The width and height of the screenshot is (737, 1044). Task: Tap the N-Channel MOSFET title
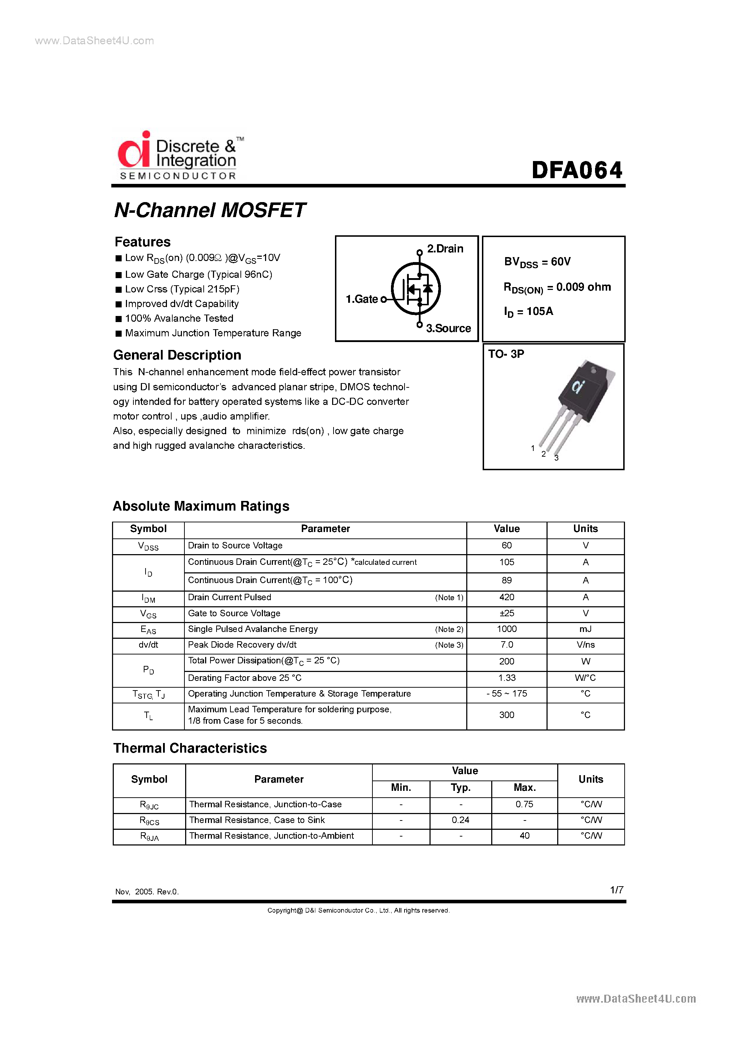pos(209,210)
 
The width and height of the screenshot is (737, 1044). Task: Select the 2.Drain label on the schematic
pos(445,249)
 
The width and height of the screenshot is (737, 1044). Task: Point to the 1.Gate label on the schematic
pos(362,299)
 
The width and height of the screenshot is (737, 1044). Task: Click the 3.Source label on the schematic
pos(448,328)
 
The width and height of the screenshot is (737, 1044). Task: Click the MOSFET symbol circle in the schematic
pos(416,289)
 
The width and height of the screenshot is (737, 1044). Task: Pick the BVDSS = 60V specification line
pos(537,262)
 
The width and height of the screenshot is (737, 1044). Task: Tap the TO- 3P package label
pos(506,354)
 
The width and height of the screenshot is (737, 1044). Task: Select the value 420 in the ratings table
pos(507,597)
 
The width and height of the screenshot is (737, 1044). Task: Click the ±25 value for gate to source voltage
pos(507,613)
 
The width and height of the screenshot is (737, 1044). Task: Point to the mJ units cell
pos(585,629)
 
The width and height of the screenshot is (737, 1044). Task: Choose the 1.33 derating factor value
pos(507,678)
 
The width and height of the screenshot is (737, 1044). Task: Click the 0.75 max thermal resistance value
pos(524,804)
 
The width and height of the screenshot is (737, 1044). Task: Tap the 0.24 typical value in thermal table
pos(460,820)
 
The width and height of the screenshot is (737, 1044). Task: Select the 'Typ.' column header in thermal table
pos(460,788)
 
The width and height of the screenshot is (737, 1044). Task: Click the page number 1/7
pos(616,890)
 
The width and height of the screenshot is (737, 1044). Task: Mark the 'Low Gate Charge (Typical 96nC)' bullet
pos(199,275)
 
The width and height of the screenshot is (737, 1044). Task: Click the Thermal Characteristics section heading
pos(190,748)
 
